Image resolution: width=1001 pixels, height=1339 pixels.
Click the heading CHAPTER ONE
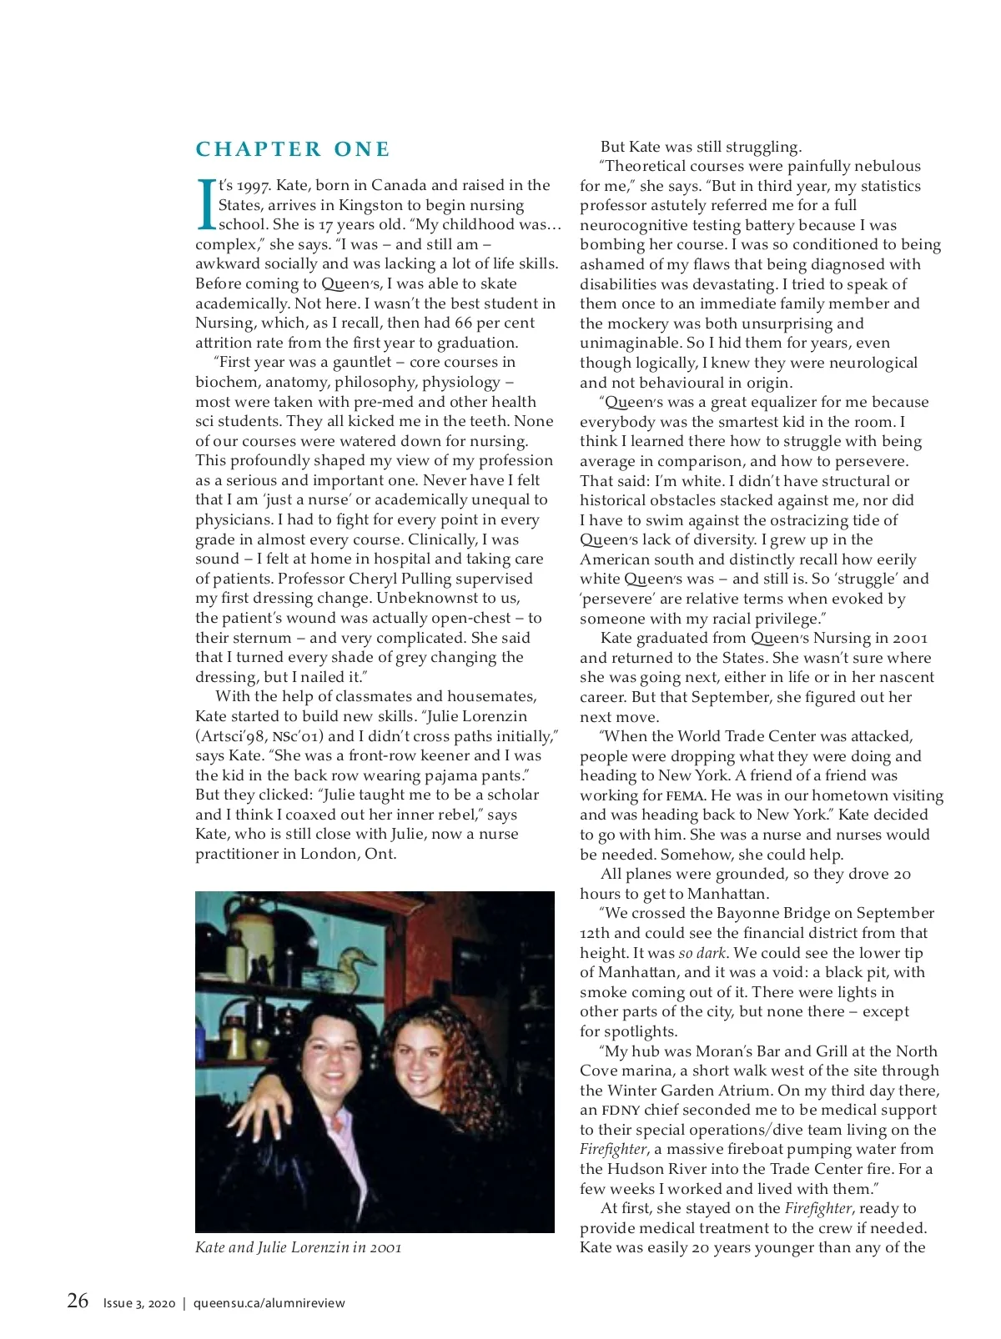pyautogui.click(x=293, y=149)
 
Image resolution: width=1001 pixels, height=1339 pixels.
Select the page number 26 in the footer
pyautogui.click(x=78, y=1301)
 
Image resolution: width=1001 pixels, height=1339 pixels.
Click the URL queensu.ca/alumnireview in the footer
pyautogui.click(x=269, y=1303)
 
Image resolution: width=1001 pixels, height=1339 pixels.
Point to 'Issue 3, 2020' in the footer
pyautogui.click(x=139, y=1303)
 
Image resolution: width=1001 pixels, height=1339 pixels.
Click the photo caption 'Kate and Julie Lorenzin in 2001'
pyautogui.click(x=298, y=1247)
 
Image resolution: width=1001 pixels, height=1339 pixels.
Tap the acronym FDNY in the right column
pyautogui.click(x=621, y=1110)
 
